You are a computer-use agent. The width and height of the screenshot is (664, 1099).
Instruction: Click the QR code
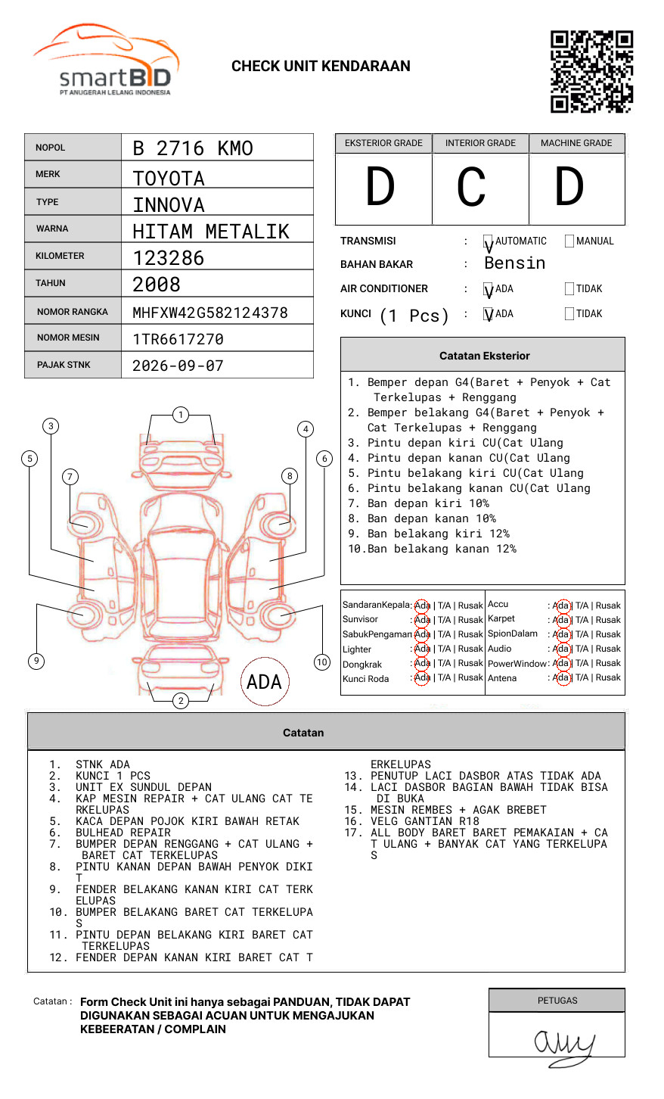pos(591,72)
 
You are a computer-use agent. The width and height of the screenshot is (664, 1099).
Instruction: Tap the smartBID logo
pos(107,60)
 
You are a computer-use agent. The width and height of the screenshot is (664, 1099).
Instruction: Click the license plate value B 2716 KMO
pos(193,148)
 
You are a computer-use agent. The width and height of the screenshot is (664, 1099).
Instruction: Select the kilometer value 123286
pos(168,258)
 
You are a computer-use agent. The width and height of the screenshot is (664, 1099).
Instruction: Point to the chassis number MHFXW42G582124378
pos(210,313)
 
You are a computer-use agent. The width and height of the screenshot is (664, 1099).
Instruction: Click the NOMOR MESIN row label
pos(68,338)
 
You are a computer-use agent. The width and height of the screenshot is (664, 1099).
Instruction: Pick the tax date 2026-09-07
pos(178,366)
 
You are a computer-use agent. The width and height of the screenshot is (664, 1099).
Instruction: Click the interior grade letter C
pos(471,186)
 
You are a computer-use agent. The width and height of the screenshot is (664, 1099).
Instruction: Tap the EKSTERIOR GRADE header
pos(383,143)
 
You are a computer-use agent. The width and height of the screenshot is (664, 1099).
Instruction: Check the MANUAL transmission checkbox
pos(569,241)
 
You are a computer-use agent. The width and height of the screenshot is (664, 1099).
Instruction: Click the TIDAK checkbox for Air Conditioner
pos(569,288)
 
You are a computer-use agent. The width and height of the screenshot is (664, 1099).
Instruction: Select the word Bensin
pos(515,263)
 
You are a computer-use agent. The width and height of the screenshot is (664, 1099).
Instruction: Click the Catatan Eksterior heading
pos(485,356)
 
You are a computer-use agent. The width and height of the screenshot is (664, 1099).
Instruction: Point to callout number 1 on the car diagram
pos(181,415)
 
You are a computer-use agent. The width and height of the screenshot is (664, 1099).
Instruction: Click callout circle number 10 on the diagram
pos(321,662)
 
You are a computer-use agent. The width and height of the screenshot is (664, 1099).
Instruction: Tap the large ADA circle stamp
pos(265,681)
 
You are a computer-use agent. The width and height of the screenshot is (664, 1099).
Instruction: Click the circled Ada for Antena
pos(563,677)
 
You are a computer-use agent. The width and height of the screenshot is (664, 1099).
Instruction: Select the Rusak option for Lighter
pos(470,649)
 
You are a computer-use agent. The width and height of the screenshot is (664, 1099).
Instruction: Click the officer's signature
pos(564,1047)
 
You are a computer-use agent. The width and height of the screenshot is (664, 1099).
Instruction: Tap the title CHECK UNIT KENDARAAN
pos(321,67)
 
